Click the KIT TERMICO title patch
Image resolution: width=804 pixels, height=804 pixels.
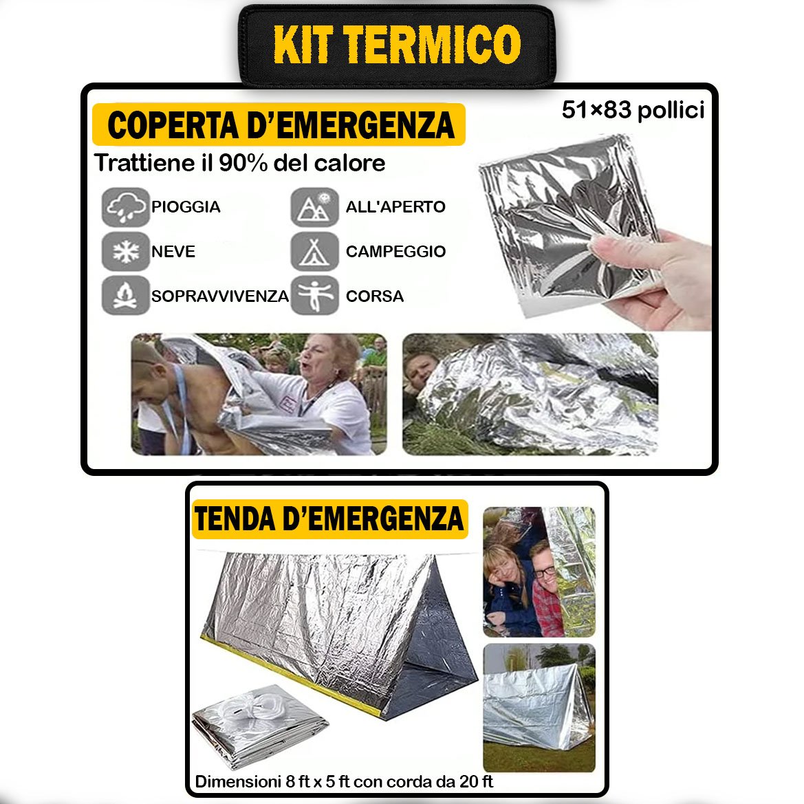click(398, 45)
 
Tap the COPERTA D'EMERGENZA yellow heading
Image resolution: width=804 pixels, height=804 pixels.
click(279, 124)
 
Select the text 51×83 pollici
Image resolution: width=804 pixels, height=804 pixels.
click(633, 110)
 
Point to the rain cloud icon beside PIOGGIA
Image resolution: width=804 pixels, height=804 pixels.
click(126, 207)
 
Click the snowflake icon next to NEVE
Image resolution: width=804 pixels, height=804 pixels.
click(126, 251)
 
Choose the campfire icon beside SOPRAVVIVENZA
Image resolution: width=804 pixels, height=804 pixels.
click(126, 295)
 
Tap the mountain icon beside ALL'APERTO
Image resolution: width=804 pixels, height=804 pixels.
click(315, 207)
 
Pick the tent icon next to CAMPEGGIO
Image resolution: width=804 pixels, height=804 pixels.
click(315, 251)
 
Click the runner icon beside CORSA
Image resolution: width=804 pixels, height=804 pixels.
click(315, 295)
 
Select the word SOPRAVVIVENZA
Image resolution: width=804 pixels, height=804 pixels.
click(220, 296)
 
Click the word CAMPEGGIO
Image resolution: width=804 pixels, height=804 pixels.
click(396, 251)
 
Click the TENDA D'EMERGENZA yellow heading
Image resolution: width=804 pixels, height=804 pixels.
click(329, 519)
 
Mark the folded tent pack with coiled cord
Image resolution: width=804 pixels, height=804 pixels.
click(259, 725)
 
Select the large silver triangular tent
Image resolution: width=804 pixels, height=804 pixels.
click(341, 633)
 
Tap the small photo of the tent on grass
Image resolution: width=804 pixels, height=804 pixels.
click(539, 708)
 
